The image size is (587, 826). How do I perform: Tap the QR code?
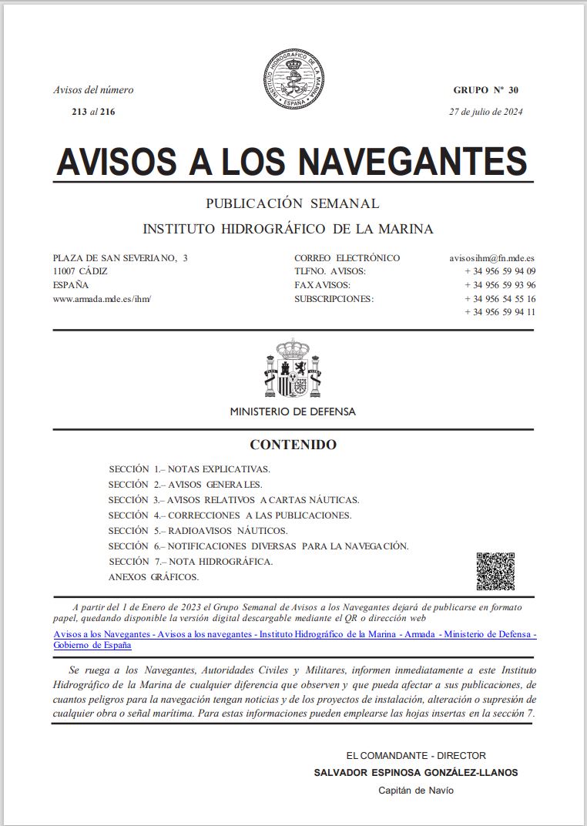pos(495,571)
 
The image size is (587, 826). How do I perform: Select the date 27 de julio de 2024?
pos(486,112)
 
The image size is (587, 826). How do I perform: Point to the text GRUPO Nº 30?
pos(485,90)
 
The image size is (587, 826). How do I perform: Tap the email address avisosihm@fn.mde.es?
pos(492,258)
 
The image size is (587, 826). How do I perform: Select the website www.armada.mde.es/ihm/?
pos(102,298)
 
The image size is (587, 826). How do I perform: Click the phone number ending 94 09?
pos(500,271)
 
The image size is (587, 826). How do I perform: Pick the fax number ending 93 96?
pos(500,285)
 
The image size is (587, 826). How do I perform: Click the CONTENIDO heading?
pos(293,445)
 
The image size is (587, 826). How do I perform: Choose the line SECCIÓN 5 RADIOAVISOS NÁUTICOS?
pos(198,531)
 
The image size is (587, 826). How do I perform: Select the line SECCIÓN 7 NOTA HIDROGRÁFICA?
pos(190,562)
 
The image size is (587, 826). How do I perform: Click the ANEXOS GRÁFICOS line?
pos(153,577)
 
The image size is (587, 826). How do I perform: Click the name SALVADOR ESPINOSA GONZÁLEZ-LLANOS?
pos(416,773)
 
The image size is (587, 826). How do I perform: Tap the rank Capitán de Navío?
pos(416,791)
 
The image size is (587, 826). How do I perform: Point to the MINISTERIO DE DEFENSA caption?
pos(293,411)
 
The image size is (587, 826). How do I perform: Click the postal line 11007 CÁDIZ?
pos(80,271)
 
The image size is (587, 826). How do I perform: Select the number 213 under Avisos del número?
pos(79,112)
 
